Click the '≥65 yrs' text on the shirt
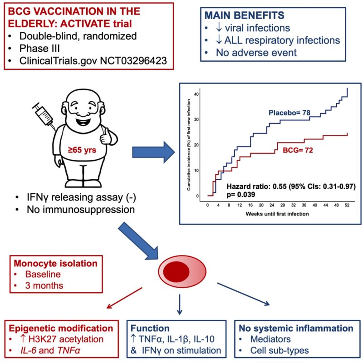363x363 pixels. [x=82, y=150]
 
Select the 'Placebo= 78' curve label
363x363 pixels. [x=289, y=113]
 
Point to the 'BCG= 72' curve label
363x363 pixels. [x=298, y=150]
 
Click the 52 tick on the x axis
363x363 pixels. [x=347, y=205]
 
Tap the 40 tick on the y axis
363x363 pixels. [x=196, y=94]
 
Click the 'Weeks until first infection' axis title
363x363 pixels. [x=277, y=214]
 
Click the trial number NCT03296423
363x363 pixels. [x=133, y=61]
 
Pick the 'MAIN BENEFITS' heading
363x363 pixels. [x=244, y=15]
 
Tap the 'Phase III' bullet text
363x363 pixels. [x=39, y=49]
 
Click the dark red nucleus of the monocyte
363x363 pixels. [x=176, y=271]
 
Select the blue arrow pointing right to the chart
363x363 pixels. [x=153, y=152]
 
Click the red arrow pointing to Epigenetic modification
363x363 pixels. [x=124, y=298]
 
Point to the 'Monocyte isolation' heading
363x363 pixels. [x=55, y=264]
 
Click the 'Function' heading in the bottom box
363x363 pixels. [x=150, y=328]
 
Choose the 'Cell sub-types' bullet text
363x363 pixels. [x=280, y=350]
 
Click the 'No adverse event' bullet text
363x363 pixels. [x=256, y=53]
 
